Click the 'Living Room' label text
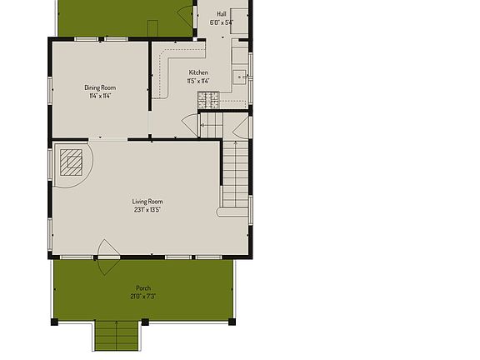(x=147, y=202)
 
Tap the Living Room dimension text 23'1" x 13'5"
(x=147, y=210)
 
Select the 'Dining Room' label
(x=100, y=87)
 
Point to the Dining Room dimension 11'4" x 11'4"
(x=100, y=96)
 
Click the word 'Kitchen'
(x=198, y=72)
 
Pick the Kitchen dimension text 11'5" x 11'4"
(x=198, y=81)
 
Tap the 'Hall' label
(x=222, y=14)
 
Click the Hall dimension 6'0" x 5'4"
(x=222, y=22)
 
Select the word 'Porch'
(x=143, y=288)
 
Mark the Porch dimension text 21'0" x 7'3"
(x=143, y=297)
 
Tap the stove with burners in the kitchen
(x=207, y=100)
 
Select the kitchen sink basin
(x=239, y=77)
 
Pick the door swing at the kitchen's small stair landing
(x=189, y=125)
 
